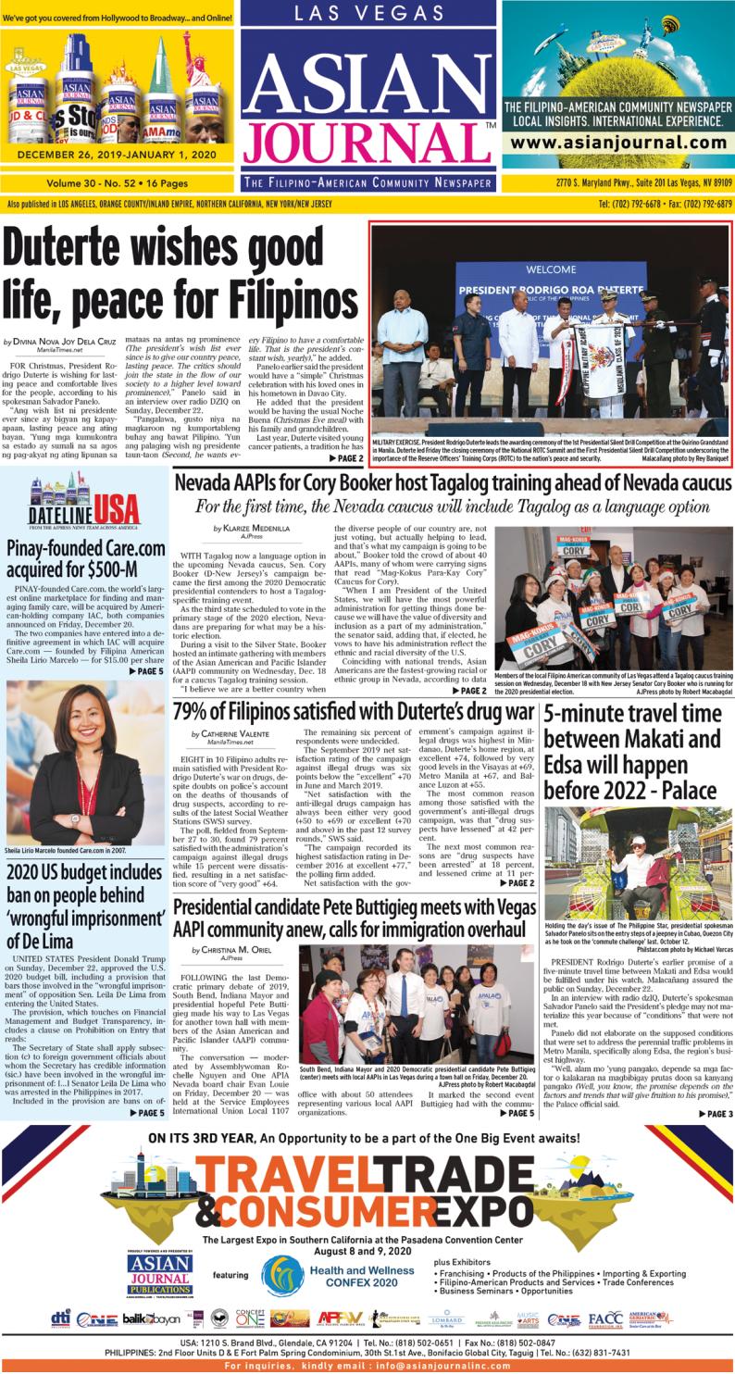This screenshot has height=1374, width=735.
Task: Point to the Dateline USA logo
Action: coord(83,506)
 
